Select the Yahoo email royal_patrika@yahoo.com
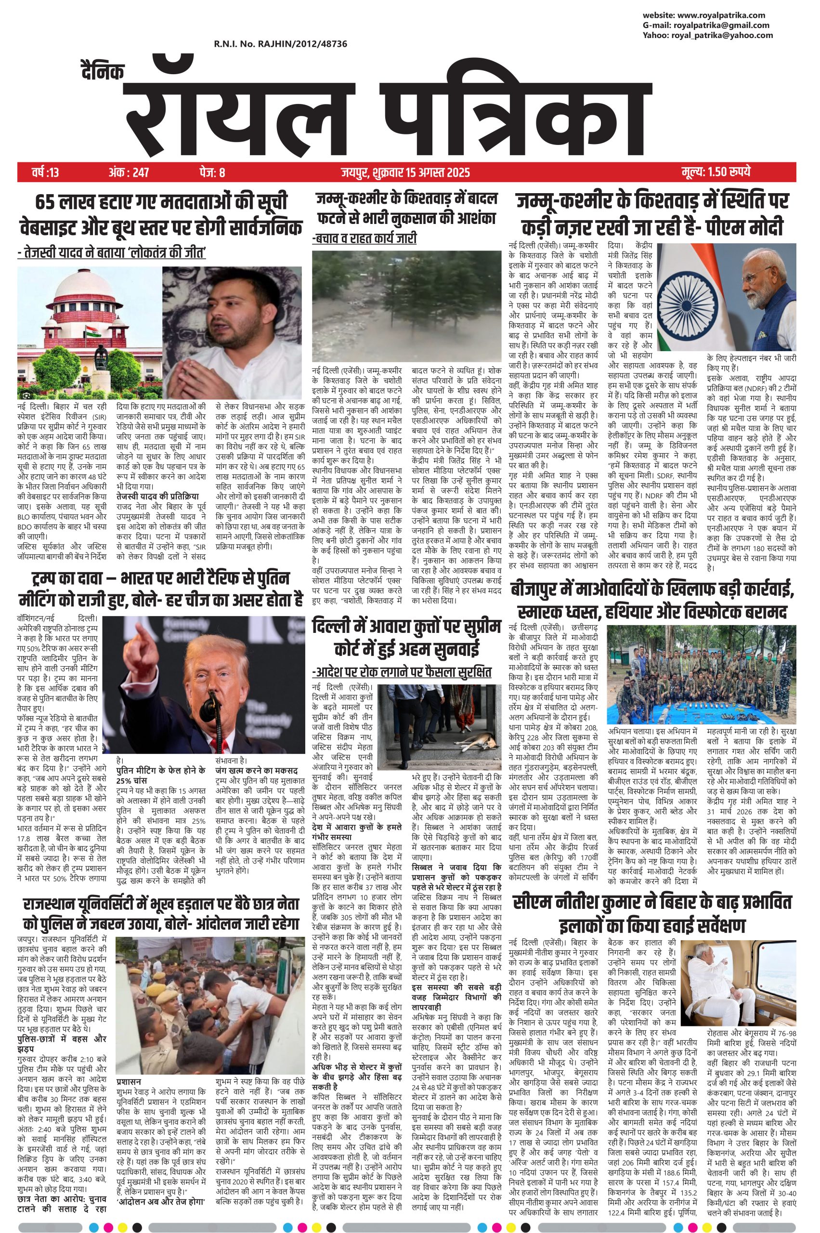click(x=723, y=35)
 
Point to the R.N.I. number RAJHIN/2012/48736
click(x=280, y=44)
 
